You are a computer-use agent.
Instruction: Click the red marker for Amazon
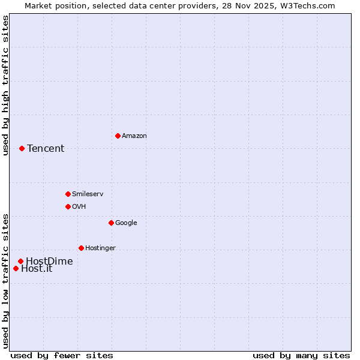pos(118,136)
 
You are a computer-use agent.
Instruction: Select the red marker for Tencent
pos(22,148)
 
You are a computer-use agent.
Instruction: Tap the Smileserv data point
pos(68,194)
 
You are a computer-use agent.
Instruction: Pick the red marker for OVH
pos(68,206)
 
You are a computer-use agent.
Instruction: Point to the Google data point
pos(111,223)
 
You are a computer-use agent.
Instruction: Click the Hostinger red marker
pos(81,248)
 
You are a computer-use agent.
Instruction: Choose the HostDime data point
pos(20,261)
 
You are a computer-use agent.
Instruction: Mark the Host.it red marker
pos(16,268)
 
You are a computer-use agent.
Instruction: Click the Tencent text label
pos(46,149)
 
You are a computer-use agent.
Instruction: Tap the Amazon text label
pos(134,136)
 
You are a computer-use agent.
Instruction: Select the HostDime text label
pos(49,262)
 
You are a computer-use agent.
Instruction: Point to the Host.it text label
pos(37,269)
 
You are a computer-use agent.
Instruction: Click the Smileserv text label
pos(88,194)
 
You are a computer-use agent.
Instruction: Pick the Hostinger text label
pos(100,248)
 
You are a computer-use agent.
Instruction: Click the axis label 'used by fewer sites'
pos(62,356)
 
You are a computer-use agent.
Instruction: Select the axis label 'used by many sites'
pos(301,356)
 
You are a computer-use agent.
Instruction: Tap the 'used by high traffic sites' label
pos(5,85)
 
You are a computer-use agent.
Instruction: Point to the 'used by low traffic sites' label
pos(5,281)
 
